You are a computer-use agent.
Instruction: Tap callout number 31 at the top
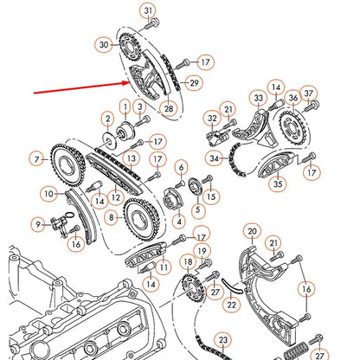tap(149, 11)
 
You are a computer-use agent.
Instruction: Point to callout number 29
tap(194, 82)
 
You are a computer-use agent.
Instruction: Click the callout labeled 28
tap(168, 107)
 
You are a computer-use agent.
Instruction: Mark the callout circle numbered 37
tap(310, 93)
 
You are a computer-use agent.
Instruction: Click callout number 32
tap(211, 119)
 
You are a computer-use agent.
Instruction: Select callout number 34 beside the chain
tap(214, 158)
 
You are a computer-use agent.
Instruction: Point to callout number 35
tap(278, 183)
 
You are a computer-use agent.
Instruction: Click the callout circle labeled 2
tap(107, 118)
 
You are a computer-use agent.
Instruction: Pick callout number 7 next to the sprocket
tap(36, 158)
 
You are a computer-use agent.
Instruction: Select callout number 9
tap(37, 225)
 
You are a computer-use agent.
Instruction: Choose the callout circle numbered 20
tap(252, 231)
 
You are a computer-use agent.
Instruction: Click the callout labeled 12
tap(114, 198)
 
